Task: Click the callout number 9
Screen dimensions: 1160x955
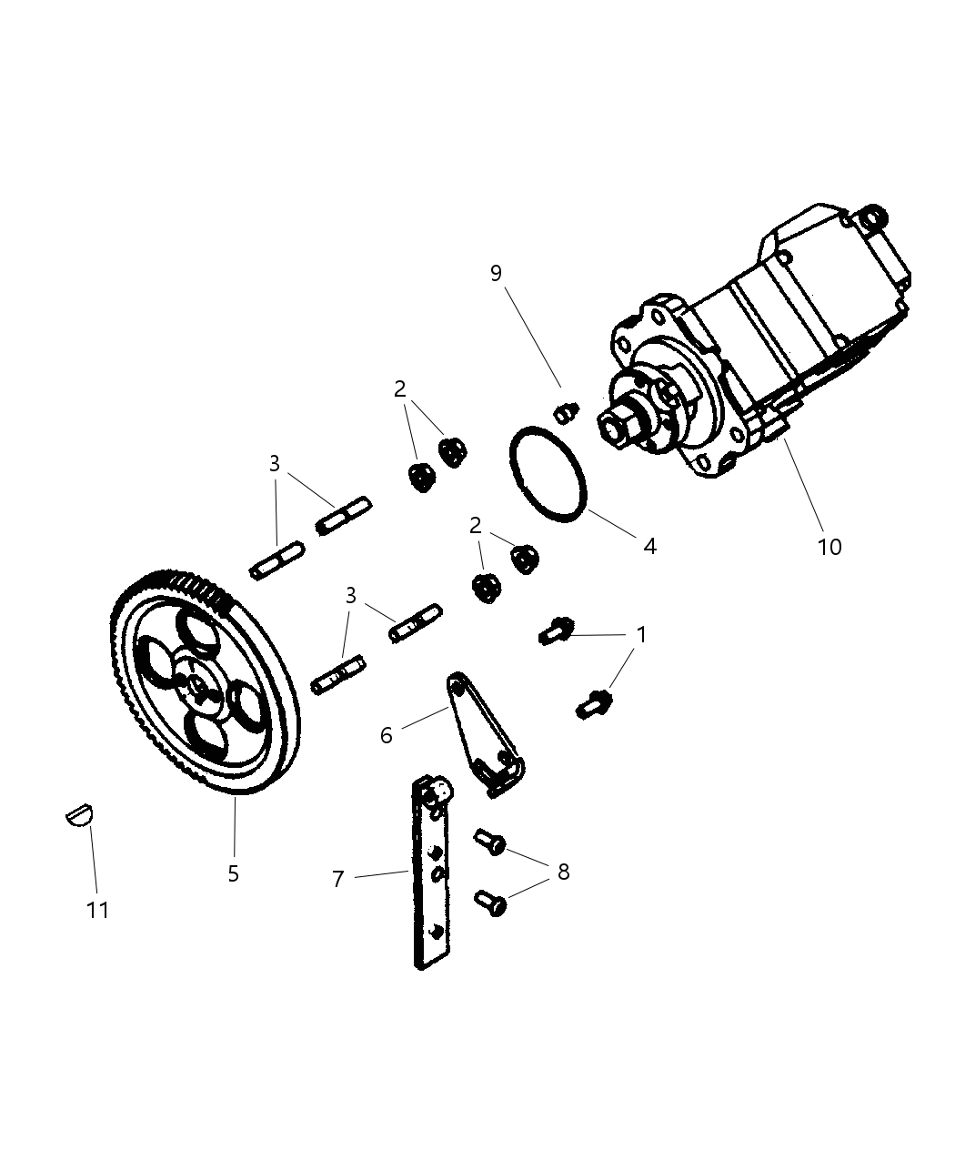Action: click(496, 274)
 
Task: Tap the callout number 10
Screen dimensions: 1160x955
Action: click(829, 547)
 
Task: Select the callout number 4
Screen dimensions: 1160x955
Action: click(649, 546)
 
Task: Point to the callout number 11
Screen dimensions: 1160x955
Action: click(97, 910)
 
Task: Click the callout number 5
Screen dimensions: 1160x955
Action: click(234, 873)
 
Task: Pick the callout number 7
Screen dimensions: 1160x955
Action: click(337, 879)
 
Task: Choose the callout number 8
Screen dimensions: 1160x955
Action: click(563, 872)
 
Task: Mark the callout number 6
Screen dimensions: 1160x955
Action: click(387, 735)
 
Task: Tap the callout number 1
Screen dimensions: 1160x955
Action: click(641, 634)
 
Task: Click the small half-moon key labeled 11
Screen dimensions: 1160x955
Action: click(80, 813)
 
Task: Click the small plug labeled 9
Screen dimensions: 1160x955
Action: click(566, 412)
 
